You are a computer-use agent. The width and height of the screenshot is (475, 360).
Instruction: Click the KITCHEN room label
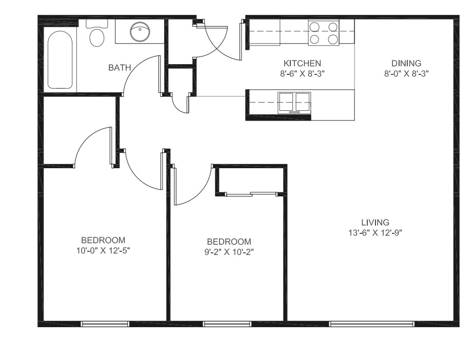302,63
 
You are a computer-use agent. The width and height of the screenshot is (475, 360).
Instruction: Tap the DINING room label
406,63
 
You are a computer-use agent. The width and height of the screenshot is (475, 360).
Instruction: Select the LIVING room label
375,222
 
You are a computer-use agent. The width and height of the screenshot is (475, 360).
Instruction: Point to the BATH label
120,67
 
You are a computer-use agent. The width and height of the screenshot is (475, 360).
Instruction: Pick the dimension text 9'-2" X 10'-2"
229,252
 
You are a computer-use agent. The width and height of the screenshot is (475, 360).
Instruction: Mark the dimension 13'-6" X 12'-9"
375,232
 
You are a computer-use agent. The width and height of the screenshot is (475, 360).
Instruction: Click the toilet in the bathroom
96,34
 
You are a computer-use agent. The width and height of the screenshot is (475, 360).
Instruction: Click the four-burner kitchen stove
324,32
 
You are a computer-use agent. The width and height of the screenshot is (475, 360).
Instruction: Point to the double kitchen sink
294,102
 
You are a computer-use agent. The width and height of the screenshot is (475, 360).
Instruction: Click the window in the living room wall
371,324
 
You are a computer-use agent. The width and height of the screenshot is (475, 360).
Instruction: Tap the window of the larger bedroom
105,324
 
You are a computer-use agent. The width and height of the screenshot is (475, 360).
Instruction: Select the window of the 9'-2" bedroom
227,324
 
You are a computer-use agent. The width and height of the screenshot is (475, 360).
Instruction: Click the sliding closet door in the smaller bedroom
251,194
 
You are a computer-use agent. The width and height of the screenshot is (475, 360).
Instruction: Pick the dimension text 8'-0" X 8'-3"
406,73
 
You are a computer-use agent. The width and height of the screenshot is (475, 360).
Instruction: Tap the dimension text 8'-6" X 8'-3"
302,73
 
